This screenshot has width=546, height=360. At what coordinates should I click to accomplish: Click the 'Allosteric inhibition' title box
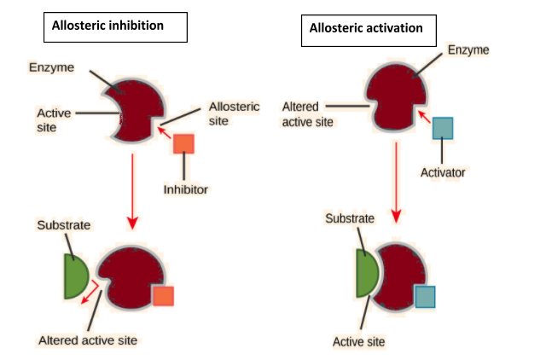coord(116,26)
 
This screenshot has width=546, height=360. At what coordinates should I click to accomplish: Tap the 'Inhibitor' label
coord(185,189)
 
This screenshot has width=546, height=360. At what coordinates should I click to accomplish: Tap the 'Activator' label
coord(443,172)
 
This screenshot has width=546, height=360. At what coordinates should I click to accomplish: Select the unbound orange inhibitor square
coord(184,143)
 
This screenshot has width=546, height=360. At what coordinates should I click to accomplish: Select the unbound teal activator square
coord(443,127)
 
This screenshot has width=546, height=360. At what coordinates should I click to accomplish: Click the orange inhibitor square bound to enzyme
coord(162,296)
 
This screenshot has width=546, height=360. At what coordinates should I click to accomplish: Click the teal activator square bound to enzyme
coord(425,297)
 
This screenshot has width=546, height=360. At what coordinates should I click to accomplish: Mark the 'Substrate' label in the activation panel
coord(350,218)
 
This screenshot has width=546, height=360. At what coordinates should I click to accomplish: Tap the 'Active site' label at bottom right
coord(358,341)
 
